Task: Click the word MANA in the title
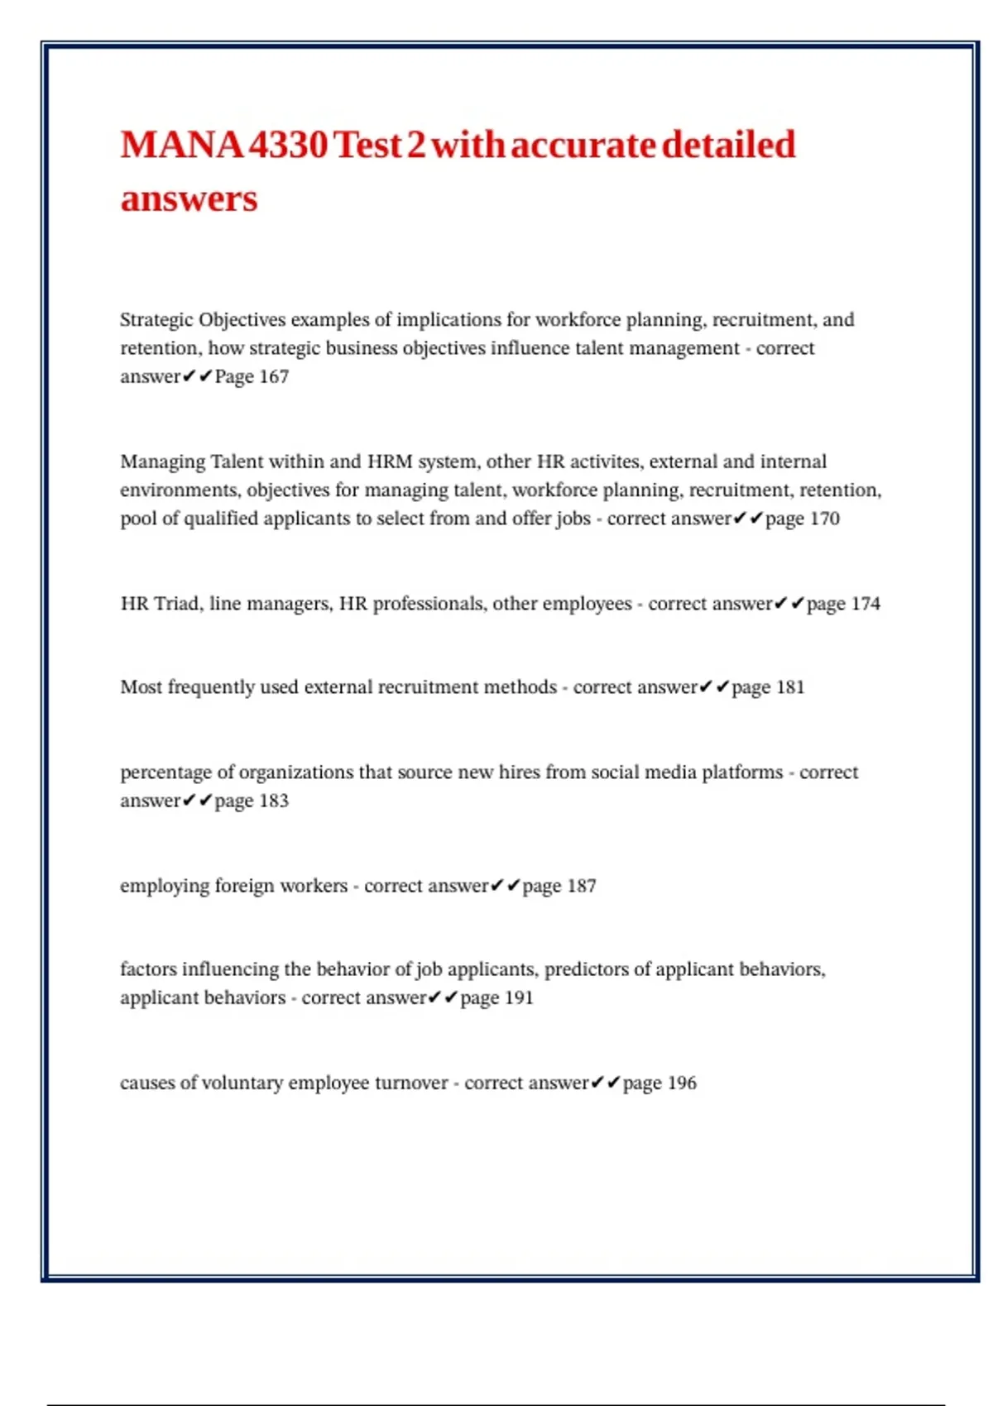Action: pos(181,146)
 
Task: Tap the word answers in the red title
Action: pos(189,199)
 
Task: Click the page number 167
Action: pos(273,377)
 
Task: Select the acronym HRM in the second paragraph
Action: pos(390,461)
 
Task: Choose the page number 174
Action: pos(865,604)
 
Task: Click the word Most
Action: pos(142,687)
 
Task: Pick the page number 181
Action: pos(789,687)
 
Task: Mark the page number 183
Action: pos(273,801)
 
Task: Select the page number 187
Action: pos(581,886)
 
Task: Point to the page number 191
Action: pos(518,997)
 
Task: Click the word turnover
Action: pos(410,1083)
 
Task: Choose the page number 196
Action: pos(681,1083)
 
